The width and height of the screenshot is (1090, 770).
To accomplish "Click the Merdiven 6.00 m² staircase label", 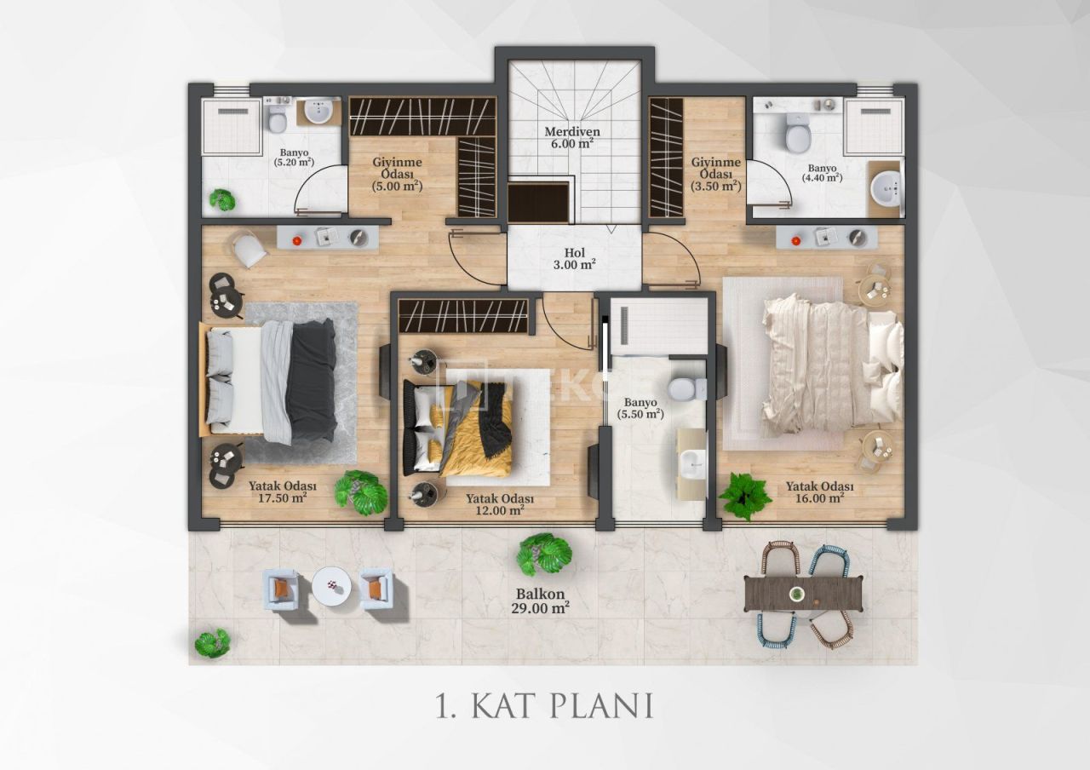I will (573, 138).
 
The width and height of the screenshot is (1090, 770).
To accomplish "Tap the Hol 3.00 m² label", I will (573, 258).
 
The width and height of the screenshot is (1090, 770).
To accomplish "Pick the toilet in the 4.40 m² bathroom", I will (798, 134).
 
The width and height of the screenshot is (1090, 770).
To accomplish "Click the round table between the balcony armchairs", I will (330, 586).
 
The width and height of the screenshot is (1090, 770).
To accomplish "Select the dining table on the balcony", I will (803, 593).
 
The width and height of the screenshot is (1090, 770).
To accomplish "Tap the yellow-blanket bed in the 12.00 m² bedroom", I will (458, 428).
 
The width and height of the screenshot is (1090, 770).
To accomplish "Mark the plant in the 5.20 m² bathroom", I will (222, 199).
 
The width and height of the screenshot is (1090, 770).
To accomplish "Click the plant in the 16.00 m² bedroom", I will (745, 496).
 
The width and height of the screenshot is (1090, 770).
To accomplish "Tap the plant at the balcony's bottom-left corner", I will (212, 643).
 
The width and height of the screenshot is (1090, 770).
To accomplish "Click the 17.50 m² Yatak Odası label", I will (278, 492).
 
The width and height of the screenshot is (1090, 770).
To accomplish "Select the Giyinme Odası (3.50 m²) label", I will (715, 174).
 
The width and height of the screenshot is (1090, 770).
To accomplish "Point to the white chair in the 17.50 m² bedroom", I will (250, 250).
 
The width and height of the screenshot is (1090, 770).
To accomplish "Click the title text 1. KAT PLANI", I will (544, 706).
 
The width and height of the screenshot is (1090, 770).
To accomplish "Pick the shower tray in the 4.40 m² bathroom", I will (874, 126).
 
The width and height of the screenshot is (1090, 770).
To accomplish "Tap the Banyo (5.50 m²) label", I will (643, 408).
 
